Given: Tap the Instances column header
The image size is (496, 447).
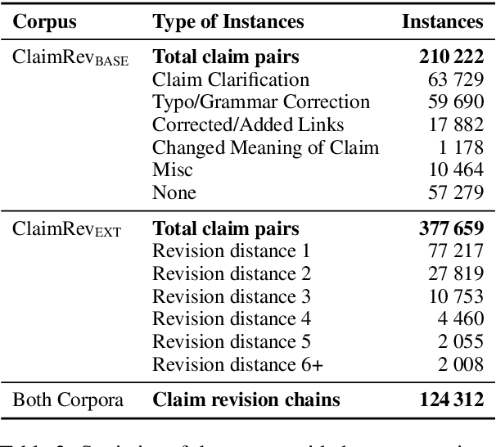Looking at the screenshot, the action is pos(443,22).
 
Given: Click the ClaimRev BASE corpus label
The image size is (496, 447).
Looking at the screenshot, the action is pos(70,59).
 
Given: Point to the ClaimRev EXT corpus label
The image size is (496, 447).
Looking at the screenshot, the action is pos(66,229).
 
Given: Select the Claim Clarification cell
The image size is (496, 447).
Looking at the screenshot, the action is pos(231,79).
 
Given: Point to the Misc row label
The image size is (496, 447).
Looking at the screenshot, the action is pos(172,169).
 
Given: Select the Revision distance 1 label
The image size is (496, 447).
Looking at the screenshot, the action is pos(231,251).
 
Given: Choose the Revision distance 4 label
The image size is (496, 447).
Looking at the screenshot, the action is pos(232,318).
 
